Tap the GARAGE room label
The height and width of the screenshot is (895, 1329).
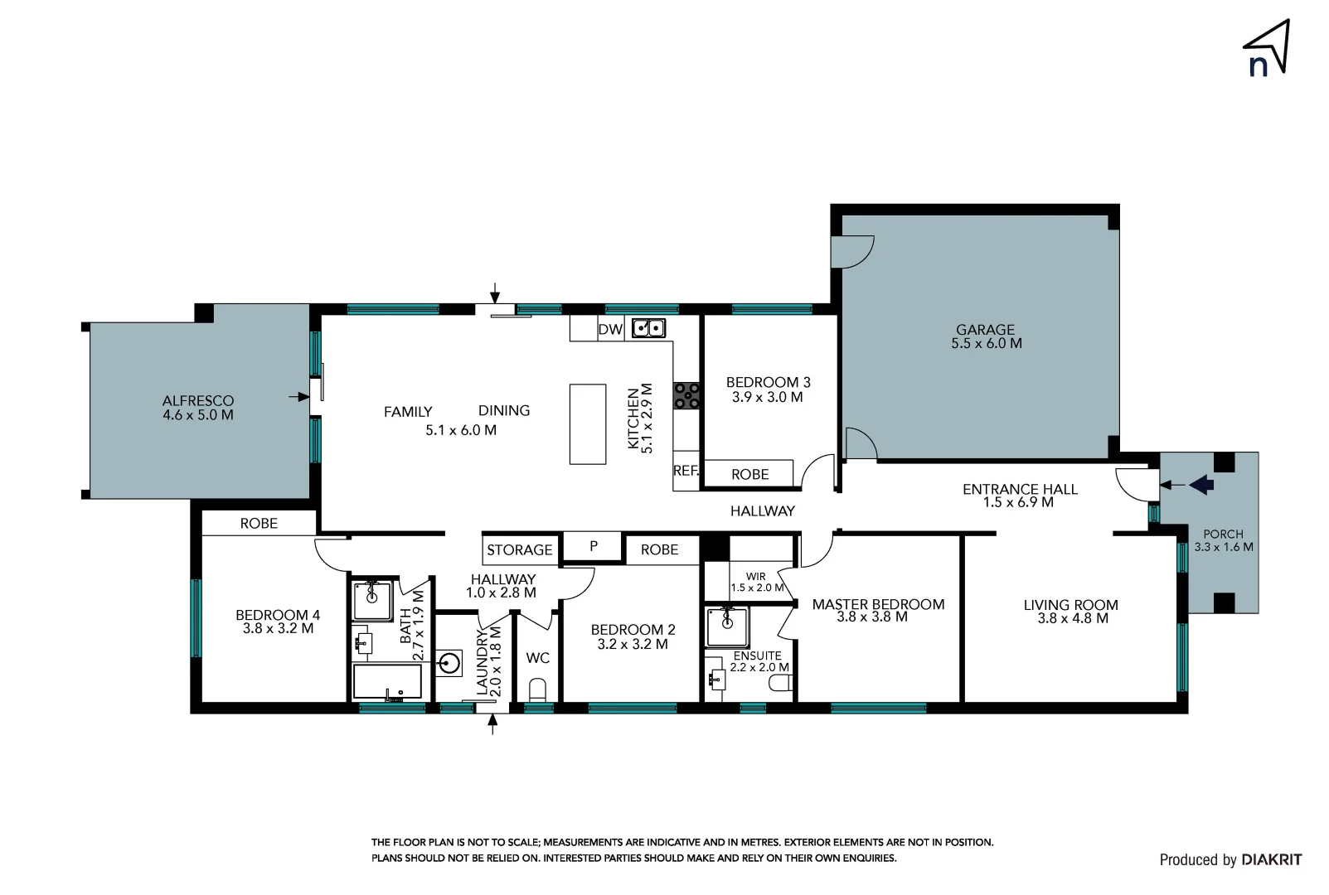tap(986, 336)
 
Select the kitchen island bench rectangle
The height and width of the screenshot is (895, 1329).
tap(588, 423)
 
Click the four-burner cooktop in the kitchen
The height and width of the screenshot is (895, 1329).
tap(686, 395)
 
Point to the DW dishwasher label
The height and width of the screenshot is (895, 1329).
tap(610, 329)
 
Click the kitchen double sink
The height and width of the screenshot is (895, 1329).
tap(648, 328)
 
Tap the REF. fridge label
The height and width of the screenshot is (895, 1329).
tap(685, 471)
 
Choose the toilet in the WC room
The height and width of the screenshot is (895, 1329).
tap(537, 689)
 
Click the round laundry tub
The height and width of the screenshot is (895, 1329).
tap(449, 663)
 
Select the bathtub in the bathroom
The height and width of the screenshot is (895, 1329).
tap(387, 681)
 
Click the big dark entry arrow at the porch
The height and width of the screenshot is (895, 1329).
tap(1201, 484)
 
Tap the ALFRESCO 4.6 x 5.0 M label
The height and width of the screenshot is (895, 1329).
tap(198, 408)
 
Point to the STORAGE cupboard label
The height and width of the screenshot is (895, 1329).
tap(519, 549)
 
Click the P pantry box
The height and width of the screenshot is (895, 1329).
tap(593, 546)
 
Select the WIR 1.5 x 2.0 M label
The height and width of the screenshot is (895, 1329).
tap(756, 582)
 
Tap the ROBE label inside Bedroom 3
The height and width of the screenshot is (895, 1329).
tap(749, 474)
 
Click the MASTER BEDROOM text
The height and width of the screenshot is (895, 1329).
tap(878, 605)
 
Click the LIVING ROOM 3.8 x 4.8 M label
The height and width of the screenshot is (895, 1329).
tap(1071, 612)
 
